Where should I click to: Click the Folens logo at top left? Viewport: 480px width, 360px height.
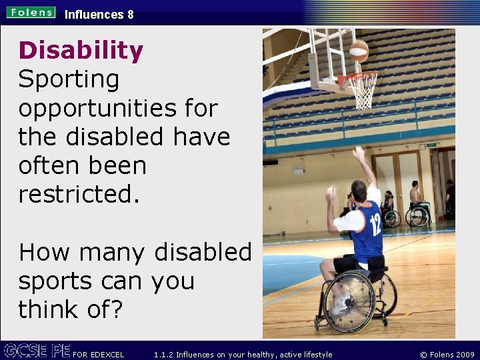[31, 12]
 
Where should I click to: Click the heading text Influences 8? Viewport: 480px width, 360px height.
[99, 14]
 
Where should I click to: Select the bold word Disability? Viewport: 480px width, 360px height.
[81, 51]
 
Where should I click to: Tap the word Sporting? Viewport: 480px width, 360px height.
[69, 80]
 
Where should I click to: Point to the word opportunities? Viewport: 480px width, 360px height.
[118, 109]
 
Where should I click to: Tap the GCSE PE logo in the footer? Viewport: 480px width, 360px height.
[36, 351]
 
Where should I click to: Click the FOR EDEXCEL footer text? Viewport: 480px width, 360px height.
[98, 354]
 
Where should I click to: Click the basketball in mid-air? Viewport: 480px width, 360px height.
[359, 51]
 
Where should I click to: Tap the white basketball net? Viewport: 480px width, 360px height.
[363, 90]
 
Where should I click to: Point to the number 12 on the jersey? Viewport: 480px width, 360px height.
[375, 224]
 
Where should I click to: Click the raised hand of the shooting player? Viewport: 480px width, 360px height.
[359, 153]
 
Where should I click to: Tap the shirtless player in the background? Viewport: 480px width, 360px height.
[415, 194]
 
